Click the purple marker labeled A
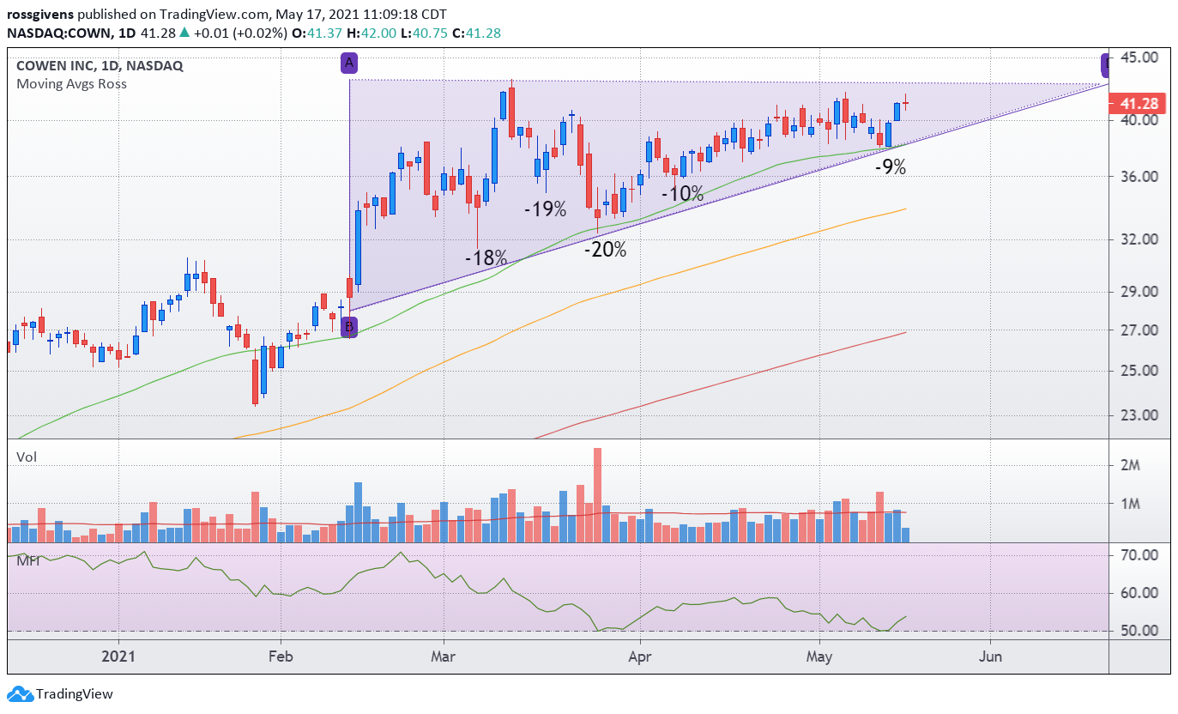tap(349, 64)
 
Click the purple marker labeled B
tap(348, 327)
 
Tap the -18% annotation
tap(486, 257)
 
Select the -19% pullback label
tap(546, 209)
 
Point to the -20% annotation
tap(606, 250)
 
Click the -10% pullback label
tap(682, 194)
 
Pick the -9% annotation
tap(891, 167)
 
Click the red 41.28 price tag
tap(1139, 104)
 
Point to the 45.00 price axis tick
tap(1139, 57)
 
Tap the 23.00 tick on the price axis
tap(1139, 415)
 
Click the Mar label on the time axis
tap(443, 657)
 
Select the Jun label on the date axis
tap(990, 657)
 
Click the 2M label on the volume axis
tap(1130, 465)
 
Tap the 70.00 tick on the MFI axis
tap(1139, 555)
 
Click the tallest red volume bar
tap(597, 495)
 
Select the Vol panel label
tap(27, 457)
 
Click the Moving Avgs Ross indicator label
tap(71, 84)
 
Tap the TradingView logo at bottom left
tap(60, 694)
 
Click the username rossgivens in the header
tap(40, 15)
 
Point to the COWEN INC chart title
tap(55, 66)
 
